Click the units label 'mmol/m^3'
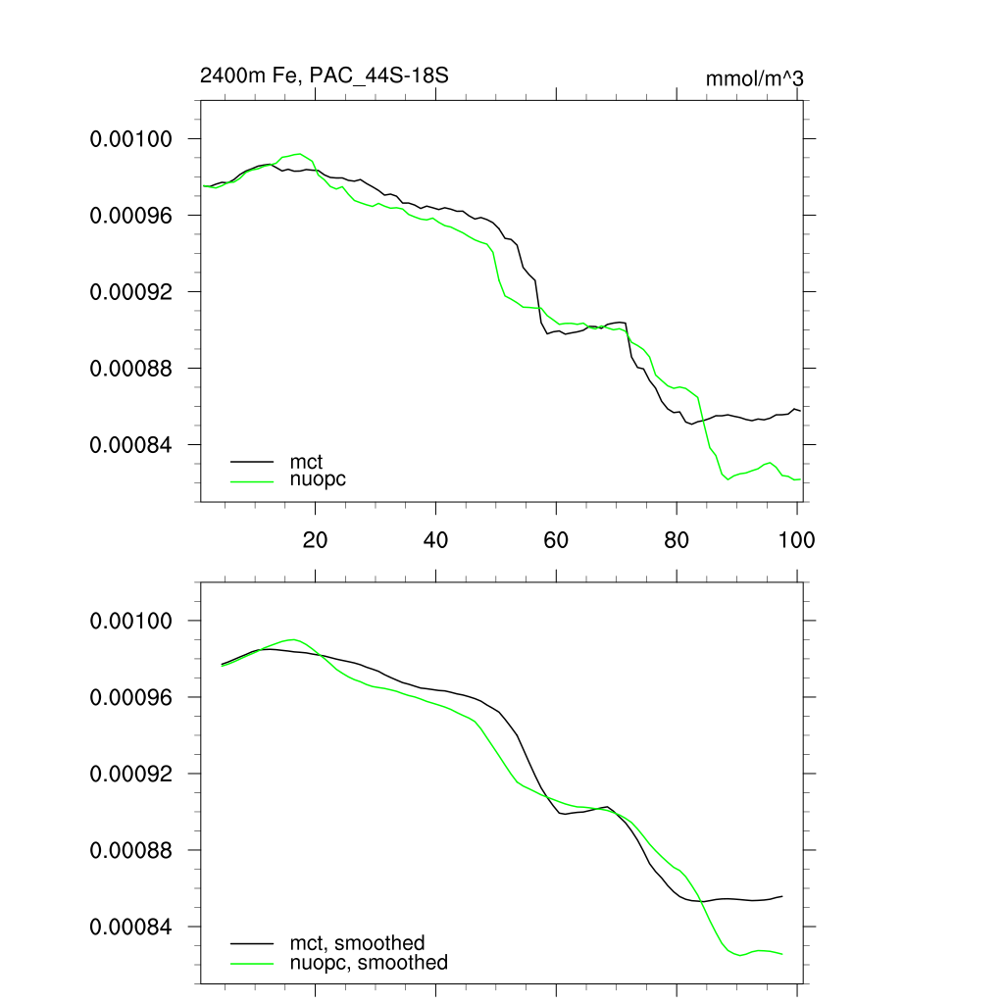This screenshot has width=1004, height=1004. click(754, 78)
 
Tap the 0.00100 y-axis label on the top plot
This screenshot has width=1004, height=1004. click(131, 139)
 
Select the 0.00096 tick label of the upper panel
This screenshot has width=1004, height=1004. click(131, 216)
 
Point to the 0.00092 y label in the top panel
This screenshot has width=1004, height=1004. click(131, 292)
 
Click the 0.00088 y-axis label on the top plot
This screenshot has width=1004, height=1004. click(131, 369)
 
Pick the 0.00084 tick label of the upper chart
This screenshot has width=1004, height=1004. click(131, 445)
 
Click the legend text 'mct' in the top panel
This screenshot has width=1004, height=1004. click(306, 461)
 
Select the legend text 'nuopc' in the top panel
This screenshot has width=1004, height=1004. click(319, 479)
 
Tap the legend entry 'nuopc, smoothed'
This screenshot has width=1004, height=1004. click(369, 963)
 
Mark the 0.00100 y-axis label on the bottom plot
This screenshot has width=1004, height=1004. click(131, 622)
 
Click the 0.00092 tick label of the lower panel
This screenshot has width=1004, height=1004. click(131, 775)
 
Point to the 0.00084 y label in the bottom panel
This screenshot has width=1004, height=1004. click(131, 928)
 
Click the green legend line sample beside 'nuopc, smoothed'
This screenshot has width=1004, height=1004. click(252, 963)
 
